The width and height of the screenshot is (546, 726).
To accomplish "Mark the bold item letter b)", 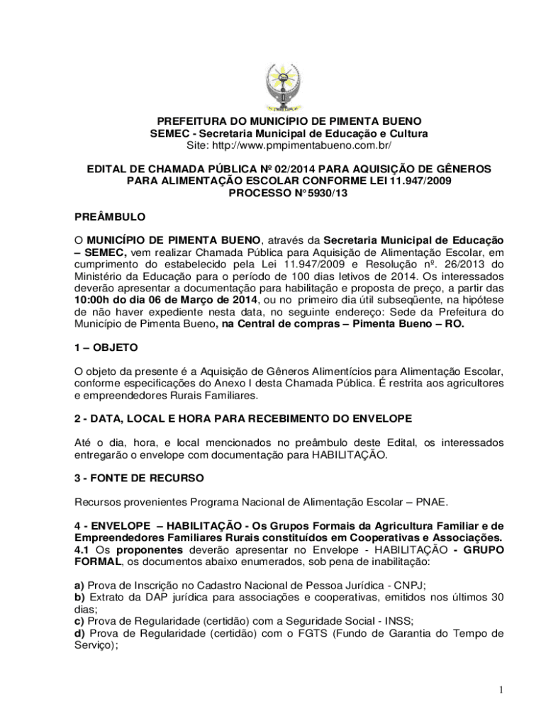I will tap(80, 597).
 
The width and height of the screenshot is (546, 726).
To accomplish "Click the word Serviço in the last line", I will tap(96, 644).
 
